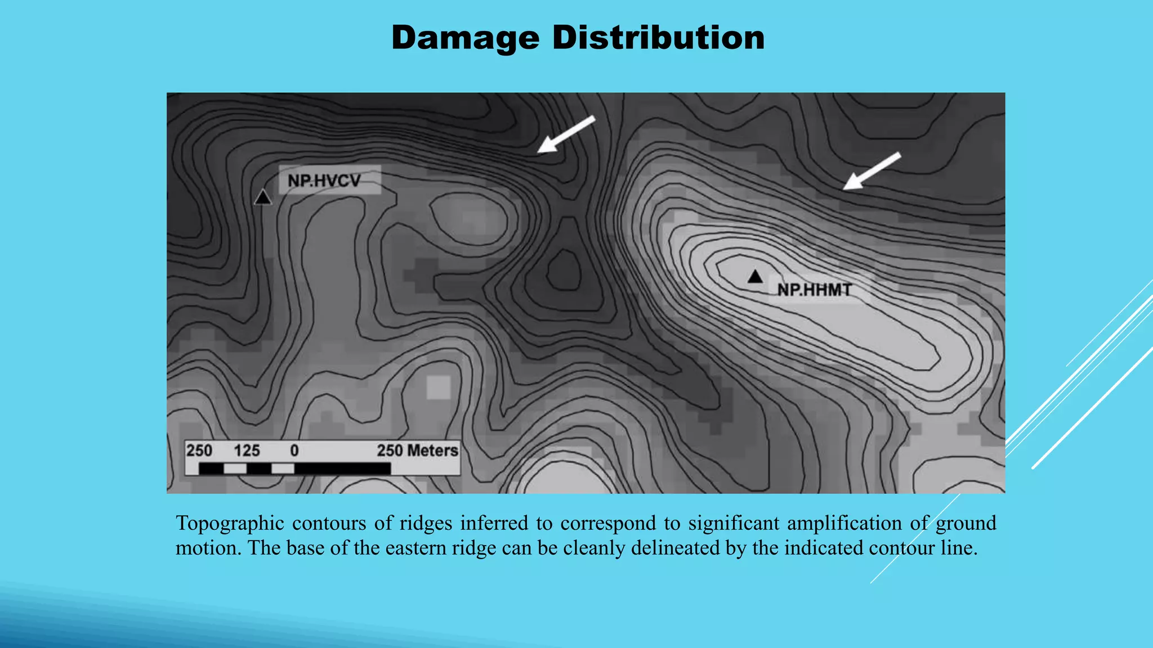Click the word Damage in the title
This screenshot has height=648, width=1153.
point(465,38)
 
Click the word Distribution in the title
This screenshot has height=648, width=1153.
point(658,38)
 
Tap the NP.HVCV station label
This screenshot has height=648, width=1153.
point(324,181)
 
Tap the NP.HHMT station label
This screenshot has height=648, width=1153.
point(814,290)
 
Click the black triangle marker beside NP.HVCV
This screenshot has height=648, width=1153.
point(262,197)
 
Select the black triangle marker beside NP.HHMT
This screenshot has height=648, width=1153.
point(755,277)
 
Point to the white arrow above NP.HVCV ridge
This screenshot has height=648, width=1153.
point(566,134)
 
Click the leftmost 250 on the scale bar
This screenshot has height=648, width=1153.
point(199,451)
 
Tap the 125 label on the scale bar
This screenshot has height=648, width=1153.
point(247,451)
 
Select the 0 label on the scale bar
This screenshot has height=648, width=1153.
point(294,451)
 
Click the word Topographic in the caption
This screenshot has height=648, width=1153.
point(230,524)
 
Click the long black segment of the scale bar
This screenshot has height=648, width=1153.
point(342,469)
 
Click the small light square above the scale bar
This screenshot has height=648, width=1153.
point(439,387)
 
